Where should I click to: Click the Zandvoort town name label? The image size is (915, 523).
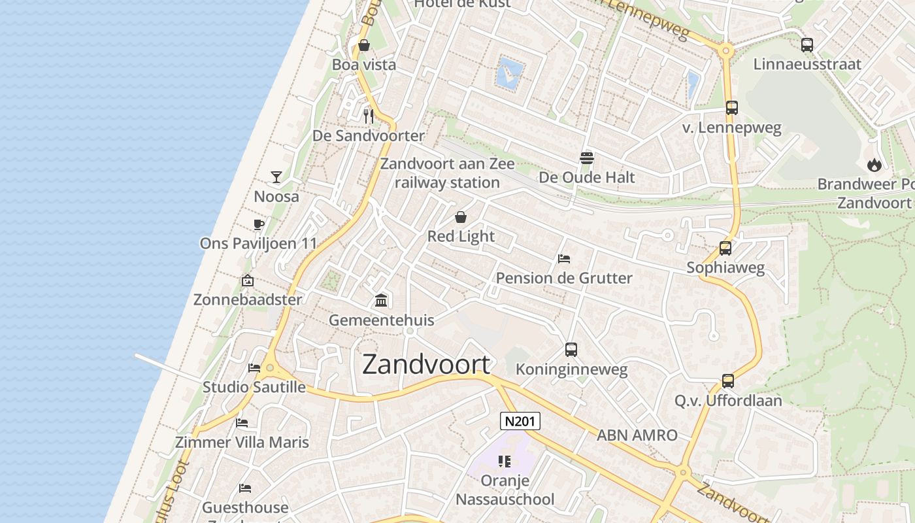(426, 364)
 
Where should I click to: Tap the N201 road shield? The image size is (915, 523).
(520, 421)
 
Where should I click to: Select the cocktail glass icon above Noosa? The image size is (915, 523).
(276, 177)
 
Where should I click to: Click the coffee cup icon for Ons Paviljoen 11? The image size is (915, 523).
(259, 225)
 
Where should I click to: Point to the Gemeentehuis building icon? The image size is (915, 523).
(381, 301)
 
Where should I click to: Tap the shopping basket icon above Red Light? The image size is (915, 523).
(461, 217)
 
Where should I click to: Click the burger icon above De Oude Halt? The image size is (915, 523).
(586, 158)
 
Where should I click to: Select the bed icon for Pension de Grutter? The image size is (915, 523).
(564, 259)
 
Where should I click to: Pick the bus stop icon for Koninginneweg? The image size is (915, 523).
(571, 350)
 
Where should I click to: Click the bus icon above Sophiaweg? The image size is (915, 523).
(725, 248)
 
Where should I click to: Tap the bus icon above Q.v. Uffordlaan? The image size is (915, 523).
(728, 381)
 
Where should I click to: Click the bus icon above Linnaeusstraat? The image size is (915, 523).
(807, 45)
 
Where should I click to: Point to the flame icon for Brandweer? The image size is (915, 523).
(874, 165)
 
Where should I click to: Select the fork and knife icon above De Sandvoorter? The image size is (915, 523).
(369, 116)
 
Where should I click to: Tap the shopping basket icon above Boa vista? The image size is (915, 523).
(364, 45)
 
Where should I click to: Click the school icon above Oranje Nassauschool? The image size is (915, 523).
(504, 462)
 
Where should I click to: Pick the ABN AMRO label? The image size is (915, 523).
(637, 435)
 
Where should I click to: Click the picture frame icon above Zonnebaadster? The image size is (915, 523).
(248, 280)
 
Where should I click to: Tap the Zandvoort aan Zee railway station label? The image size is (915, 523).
(448, 173)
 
